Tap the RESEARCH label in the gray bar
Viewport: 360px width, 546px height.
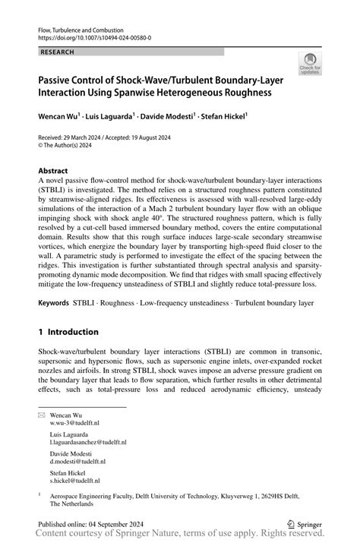tap(58, 52)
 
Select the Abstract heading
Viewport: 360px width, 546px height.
tap(53, 171)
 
